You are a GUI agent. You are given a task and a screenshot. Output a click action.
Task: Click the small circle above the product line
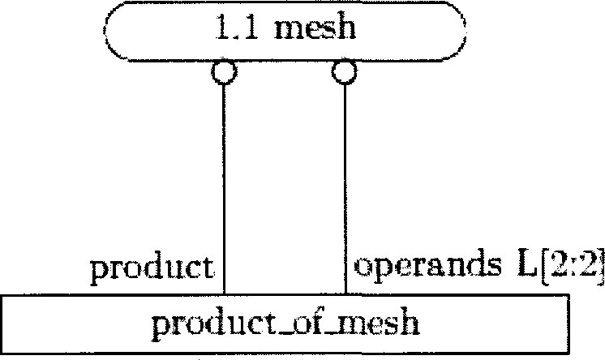tap(223, 72)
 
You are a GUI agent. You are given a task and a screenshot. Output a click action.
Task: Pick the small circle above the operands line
tap(344, 72)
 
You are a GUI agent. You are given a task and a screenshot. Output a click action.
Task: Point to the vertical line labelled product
tap(223, 178)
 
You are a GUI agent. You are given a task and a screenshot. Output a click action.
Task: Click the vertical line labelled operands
tap(345, 178)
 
